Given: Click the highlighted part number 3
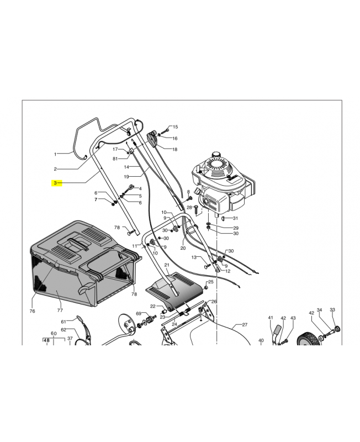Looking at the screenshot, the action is click(x=55, y=183).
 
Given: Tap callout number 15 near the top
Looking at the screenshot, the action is click(x=175, y=127).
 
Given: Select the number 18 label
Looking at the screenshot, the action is click(x=174, y=149).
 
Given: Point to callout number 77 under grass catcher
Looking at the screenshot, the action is click(x=60, y=311).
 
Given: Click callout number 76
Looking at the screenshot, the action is click(x=32, y=311).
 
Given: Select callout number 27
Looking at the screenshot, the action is click(x=245, y=325).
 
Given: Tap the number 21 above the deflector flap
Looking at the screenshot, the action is click(x=167, y=265).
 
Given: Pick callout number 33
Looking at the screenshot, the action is click(x=332, y=309).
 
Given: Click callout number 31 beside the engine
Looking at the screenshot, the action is click(x=235, y=218).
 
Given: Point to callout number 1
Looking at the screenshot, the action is click(x=55, y=154).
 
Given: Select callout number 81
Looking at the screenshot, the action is click(x=115, y=159).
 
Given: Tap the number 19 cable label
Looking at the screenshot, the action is click(x=126, y=177).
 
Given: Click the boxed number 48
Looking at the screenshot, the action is click(x=46, y=340).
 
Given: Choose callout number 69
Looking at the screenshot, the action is click(x=138, y=313).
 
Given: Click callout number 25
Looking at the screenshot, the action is click(x=211, y=282).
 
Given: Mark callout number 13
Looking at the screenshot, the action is click(x=194, y=257).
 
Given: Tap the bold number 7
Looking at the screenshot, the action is click(x=96, y=199).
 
